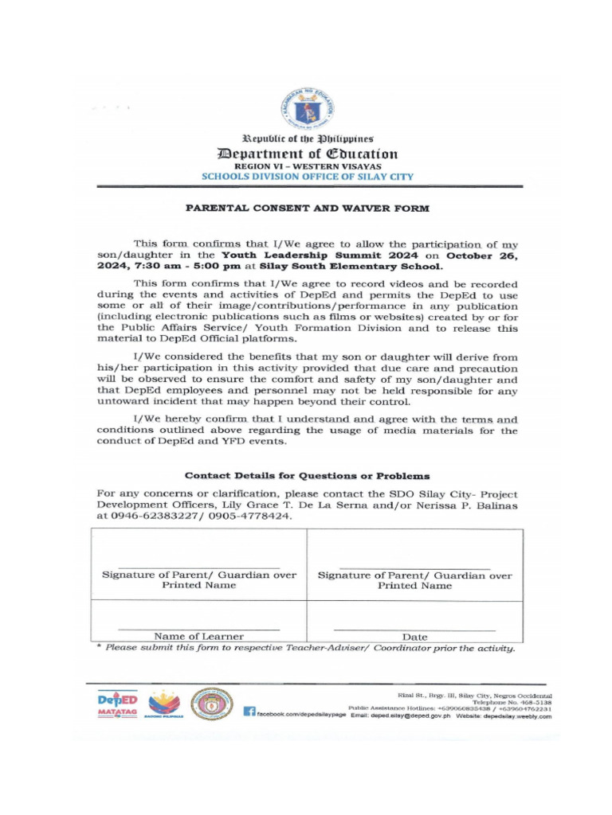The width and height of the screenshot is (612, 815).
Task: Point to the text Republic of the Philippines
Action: pos(307,138)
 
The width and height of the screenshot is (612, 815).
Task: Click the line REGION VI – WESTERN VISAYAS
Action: pos(307,166)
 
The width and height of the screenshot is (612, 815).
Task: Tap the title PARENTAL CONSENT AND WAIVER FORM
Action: pos(307,209)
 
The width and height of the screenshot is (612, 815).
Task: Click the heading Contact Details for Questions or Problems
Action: pos(307,476)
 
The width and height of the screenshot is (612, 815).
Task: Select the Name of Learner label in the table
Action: pos(198,637)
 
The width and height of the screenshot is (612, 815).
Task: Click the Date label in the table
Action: pos(414,637)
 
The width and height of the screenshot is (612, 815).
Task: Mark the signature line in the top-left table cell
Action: pos(198,566)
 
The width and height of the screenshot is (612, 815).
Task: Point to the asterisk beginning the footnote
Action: pos(99,648)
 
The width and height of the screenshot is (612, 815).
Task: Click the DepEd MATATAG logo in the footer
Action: pos(117,704)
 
